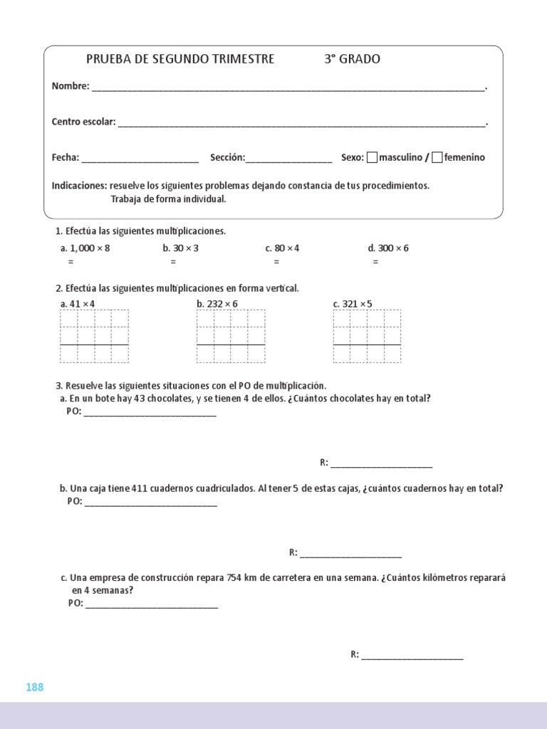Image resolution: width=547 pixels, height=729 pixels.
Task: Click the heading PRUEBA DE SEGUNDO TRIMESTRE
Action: [179, 59]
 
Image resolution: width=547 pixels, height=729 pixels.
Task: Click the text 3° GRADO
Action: [352, 59]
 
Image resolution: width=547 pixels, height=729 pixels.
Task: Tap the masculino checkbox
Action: [372, 157]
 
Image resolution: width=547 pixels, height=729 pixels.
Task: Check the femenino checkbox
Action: [437, 157]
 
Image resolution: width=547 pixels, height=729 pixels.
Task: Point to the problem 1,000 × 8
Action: [85, 248]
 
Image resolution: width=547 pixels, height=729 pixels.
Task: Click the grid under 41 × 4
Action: [94, 336]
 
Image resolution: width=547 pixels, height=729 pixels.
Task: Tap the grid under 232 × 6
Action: [230, 336]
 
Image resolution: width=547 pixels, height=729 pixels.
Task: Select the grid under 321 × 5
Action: [367, 336]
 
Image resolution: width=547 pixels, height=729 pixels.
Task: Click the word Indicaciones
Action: [79, 186]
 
